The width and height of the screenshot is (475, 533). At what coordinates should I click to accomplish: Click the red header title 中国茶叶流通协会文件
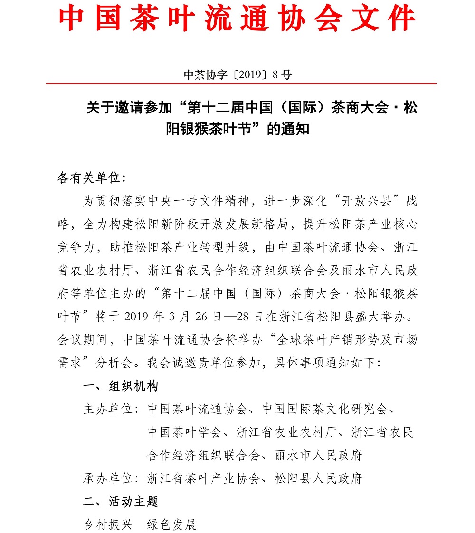tap(237, 19)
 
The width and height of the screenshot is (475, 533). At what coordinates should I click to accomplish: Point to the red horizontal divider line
tap(241, 84)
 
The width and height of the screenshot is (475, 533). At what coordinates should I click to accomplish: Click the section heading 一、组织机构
tap(120, 386)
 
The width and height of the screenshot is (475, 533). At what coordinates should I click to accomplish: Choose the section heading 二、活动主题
tap(120, 501)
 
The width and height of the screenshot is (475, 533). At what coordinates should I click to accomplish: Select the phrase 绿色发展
tap(171, 524)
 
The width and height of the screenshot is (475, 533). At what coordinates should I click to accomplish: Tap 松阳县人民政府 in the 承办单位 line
tap(318, 478)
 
